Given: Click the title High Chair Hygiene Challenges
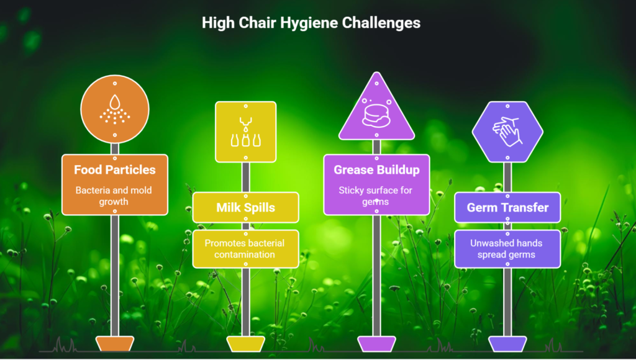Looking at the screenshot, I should tap(311, 23).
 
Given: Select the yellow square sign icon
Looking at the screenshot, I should tap(245, 132).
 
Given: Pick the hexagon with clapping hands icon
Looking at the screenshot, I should tap(507, 131).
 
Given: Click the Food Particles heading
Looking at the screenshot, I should tap(115, 169).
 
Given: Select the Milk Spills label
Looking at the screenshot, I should tap(245, 207).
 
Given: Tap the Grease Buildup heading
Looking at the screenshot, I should tap(376, 169).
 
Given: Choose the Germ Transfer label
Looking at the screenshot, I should tap(507, 207).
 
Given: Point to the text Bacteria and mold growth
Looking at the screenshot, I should tap(115, 196).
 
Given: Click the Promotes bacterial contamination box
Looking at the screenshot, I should tap(245, 249).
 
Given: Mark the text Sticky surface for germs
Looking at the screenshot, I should tap(376, 196).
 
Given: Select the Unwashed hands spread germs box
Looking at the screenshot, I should tap(507, 249).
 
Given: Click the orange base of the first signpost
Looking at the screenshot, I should tap(115, 344).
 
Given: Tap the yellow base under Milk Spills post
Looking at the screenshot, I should tap(245, 344).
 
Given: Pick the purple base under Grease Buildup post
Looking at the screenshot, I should tap(376, 344).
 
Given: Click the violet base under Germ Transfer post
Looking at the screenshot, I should tap(507, 344).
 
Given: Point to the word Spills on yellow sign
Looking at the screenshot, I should tap(260, 207).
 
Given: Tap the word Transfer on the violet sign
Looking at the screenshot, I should tap(525, 207).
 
